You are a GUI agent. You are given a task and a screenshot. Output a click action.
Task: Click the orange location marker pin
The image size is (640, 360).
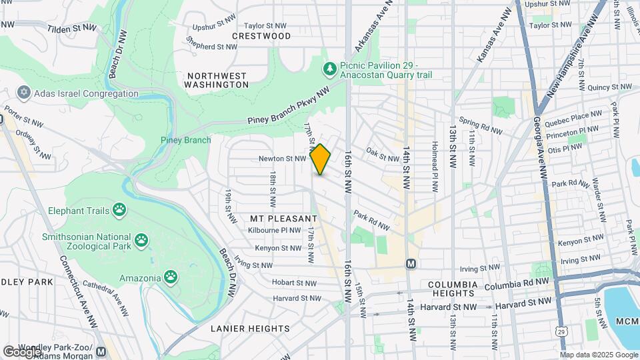321,159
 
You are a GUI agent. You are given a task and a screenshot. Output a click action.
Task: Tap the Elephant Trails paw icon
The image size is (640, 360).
119,211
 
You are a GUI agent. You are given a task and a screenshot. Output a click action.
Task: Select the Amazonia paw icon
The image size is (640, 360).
171,277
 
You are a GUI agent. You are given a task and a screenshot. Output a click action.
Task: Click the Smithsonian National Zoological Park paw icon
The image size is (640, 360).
141,240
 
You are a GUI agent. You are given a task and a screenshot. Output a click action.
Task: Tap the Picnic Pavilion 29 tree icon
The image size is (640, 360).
329,69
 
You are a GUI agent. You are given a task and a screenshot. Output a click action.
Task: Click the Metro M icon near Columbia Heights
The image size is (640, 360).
411,264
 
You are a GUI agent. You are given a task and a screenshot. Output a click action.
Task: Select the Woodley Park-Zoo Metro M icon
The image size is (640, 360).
101,351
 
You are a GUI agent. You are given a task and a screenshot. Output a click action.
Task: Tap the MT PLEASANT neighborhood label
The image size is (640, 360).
283,219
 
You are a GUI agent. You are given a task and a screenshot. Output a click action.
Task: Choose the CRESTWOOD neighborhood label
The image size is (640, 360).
261,36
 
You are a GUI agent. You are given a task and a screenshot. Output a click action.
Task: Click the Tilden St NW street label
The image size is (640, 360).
71,29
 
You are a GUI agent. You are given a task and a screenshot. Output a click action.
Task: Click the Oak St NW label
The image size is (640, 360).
382,155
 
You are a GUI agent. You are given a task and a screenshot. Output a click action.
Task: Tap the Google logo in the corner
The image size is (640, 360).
22,351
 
